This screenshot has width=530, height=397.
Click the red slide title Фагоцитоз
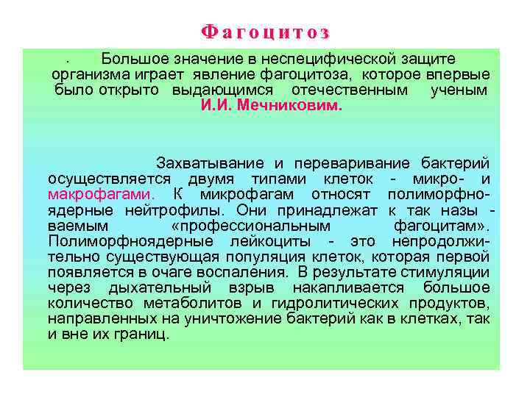click(x=265, y=32)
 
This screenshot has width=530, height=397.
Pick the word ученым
click(x=459, y=90)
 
